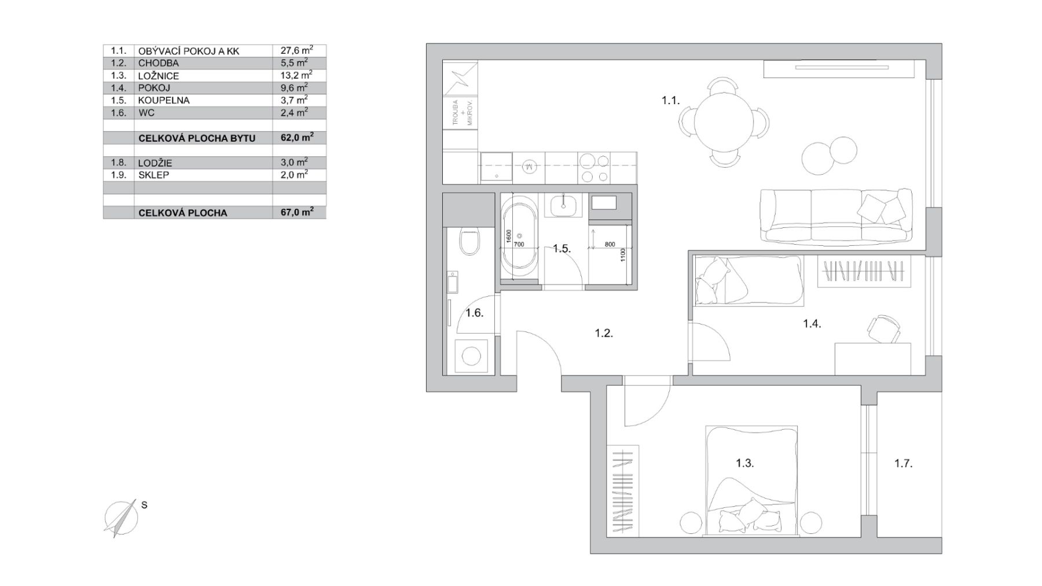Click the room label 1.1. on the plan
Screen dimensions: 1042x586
tap(670, 101)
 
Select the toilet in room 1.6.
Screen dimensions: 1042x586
tap(468, 242)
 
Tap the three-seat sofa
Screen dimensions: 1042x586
tap(835, 216)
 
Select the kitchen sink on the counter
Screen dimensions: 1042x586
tap(496, 167)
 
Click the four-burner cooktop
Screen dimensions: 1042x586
tap(595, 167)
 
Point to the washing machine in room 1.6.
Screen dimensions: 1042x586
tap(471, 356)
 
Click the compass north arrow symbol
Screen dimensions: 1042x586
tap(121, 518)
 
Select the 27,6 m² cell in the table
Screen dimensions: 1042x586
tap(297, 50)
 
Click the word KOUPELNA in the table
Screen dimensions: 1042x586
tap(164, 100)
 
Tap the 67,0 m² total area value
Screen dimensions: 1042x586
tap(297, 212)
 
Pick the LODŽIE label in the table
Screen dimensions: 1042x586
tap(155, 163)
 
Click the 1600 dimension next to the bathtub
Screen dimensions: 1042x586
tap(508, 236)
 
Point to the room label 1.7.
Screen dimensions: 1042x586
tap(903, 463)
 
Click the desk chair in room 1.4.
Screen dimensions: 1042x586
tap(884, 329)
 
